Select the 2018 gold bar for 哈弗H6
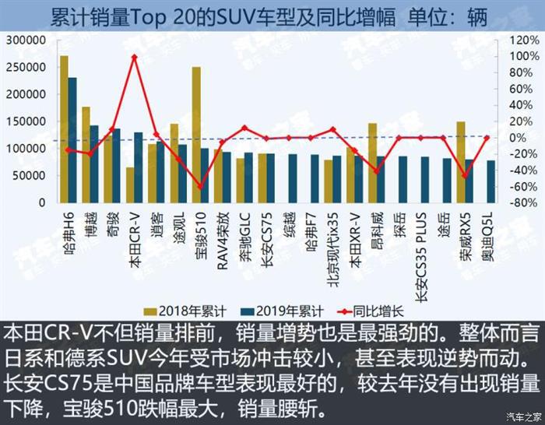coord(64,128)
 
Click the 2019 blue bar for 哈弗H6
coord(72,140)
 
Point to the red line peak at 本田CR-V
coord(134,57)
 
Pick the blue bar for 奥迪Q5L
coord(490,181)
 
